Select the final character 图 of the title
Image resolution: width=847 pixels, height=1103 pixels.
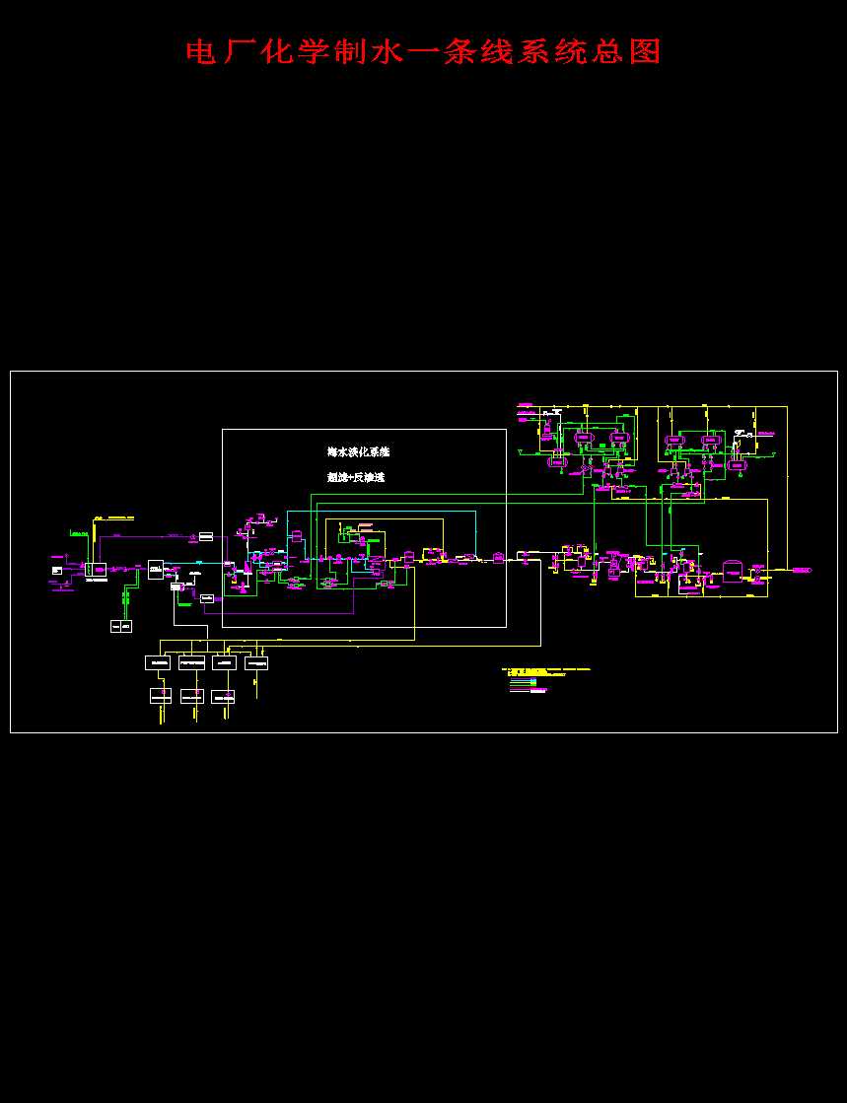646,51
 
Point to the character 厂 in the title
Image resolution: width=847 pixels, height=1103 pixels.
237,51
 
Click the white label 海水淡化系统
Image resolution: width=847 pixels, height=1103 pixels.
359,451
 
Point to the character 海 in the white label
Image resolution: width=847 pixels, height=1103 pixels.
333,451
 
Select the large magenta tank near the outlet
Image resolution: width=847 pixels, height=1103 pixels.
733,572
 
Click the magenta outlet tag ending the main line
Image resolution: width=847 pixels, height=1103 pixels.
801,570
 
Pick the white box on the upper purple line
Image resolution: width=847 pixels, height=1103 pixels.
206,536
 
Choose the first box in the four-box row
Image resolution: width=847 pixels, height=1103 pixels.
158,662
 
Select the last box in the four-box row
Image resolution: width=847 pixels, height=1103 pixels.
256,662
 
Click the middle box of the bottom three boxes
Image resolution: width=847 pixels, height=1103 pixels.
191,696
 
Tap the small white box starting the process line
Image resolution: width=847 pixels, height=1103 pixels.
57,570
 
